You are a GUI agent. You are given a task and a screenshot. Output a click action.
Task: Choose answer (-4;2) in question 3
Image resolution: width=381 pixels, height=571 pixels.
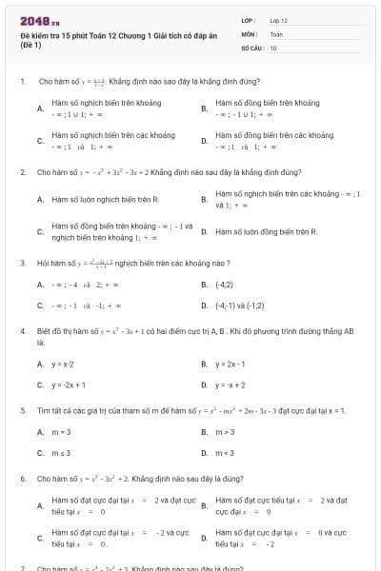tap(225, 285)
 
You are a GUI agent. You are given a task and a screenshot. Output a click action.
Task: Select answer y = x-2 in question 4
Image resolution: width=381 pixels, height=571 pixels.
tap(63, 364)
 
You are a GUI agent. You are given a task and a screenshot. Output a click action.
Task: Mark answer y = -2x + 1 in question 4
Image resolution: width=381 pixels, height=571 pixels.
tap(69, 385)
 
